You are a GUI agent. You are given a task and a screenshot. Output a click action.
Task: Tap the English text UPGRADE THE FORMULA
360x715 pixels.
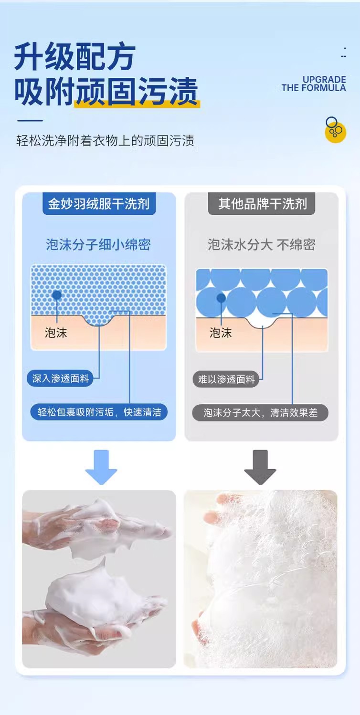point(314,84)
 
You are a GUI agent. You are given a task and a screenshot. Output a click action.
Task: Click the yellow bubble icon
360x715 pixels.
point(335,129)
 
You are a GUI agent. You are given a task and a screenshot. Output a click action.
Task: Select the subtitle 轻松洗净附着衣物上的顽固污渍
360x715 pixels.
point(105,141)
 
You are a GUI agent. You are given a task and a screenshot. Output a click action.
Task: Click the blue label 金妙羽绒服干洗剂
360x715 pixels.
point(99,204)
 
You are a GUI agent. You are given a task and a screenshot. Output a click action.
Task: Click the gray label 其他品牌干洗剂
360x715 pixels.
point(262,204)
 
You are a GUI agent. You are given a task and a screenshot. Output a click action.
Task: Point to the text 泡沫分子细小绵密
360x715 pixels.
point(98,245)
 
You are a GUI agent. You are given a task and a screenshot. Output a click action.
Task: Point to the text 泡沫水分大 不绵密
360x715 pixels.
point(262,245)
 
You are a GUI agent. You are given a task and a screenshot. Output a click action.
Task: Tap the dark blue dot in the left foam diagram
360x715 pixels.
point(57,295)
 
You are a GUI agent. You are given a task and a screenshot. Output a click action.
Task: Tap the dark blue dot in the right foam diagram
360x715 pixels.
point(221,298)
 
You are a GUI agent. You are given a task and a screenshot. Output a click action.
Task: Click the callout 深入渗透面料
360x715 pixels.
point(60,379)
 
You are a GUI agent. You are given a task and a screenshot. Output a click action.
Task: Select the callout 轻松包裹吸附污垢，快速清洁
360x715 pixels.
point(99,412)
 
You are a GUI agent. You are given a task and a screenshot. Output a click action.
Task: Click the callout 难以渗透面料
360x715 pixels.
point(226,379)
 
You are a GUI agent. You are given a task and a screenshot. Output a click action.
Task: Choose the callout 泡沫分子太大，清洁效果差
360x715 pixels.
point(260,412)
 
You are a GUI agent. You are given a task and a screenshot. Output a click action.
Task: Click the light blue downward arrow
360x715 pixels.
point(101,467)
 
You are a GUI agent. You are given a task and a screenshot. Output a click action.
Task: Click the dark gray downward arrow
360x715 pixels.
point(260,467)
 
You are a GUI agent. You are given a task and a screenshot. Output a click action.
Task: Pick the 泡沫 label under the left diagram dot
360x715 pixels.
point(56,333)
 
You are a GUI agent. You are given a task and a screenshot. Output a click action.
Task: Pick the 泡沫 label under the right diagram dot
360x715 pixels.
point(221,333)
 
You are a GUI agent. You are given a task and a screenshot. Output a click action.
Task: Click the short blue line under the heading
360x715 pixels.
point(30,121)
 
